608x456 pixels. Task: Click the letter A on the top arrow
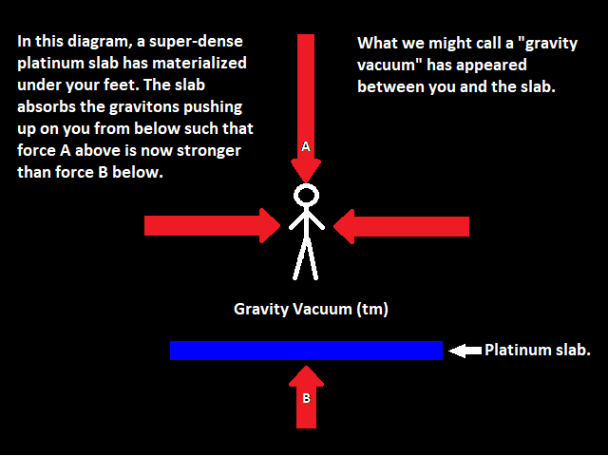[x=306, y=147]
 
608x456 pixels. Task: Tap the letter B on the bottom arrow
[x=306, y=398]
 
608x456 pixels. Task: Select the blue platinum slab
[x=306, y=351]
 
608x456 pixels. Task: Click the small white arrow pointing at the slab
[x=465, y=351]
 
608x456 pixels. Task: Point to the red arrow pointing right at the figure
[x=213, y=226]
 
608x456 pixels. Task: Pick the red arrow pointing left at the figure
[x=401, y=226]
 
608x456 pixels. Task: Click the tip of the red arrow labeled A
[x=306, y=182]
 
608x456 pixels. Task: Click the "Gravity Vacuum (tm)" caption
[x=311, y=310]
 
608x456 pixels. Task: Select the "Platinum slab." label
[x=538, y=350]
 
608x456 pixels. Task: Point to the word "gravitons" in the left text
[x=144, y=107]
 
